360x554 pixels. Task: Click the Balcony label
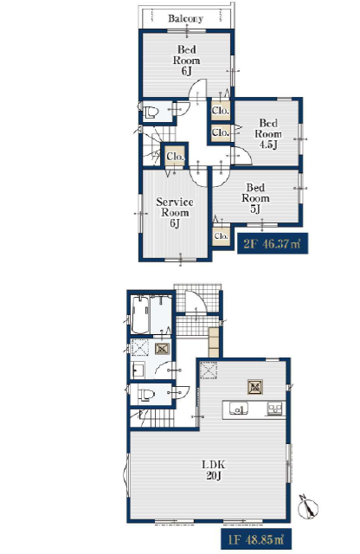185,18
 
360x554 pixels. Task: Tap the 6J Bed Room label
186,60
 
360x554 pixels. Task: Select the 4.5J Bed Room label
268,133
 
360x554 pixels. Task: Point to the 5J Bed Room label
255,198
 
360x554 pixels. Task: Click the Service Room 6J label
175,213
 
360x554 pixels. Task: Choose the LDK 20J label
214,470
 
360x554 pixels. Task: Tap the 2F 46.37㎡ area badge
272,243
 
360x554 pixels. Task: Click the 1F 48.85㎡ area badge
256,539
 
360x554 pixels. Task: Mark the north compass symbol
308,507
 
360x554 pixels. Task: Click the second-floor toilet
151,113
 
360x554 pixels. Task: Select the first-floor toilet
146,394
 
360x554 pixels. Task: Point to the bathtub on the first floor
140,314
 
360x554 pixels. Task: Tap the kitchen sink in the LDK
239,409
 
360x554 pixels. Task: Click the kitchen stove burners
274,409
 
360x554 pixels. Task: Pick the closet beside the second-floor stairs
175,156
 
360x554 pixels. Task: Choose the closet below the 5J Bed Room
222,235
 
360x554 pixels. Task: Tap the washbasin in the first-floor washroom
138,370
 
